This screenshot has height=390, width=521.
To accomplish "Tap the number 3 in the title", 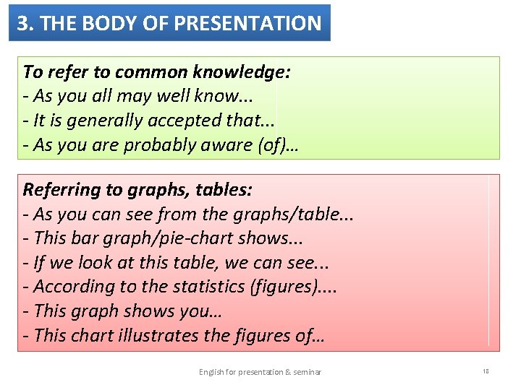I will point(23,23).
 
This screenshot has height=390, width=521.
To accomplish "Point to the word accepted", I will point(181,120).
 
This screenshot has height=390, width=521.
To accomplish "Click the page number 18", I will point(486,371).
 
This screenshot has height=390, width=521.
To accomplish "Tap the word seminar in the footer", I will point(308,372).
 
